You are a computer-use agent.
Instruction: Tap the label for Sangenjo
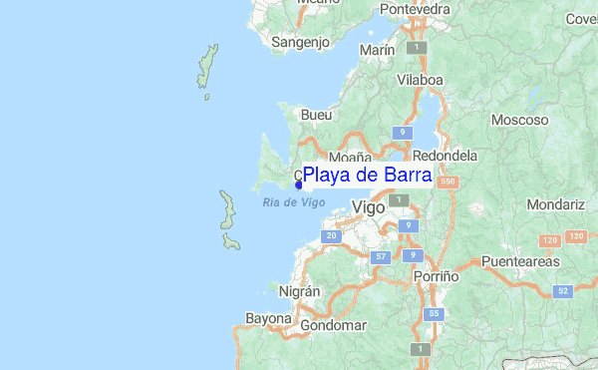pyautogui.click(x=301, y=43)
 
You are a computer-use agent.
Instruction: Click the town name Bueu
pyautogui.click(x=316, y=115)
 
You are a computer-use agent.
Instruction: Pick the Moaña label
pyautogui.click(x=350, y=158)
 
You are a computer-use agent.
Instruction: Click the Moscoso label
pyautogui.click(x=519, y=120)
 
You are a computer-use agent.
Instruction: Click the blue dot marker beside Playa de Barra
pyautogui.click(x=299, y=185)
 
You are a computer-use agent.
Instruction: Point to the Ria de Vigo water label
pyautogui.click(x=294, y=202)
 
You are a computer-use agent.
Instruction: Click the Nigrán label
pyautogui.click(x=299, y=291)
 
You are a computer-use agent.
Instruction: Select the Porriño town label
pyautogui.click(x=437, y=275)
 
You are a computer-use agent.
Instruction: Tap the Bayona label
pyautogui.click(x=268, y=319)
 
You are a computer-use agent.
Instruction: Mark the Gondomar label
pyautogui.click(x=336, y=325)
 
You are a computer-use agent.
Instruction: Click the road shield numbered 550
pyautogui.click(x=448, y=182)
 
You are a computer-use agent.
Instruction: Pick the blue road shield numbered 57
pyautogui.click(x=379, y=257)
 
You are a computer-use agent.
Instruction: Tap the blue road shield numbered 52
pyautogui.click(x=563, y=290)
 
